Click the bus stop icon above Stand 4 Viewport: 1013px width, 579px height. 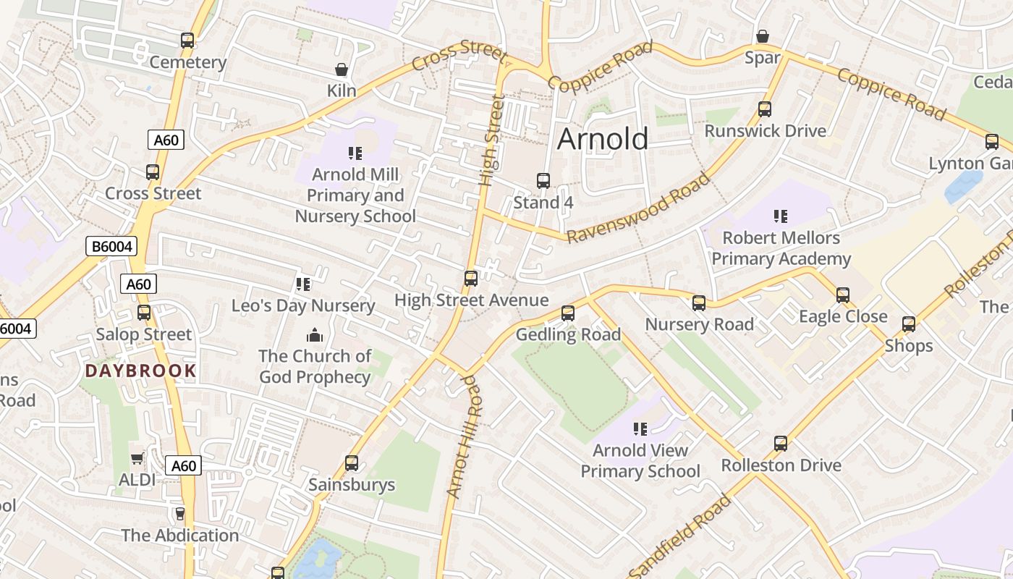tap(543, 181)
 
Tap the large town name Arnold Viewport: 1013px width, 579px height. tap(602, 138)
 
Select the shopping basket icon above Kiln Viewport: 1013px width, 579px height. tap(341, 69)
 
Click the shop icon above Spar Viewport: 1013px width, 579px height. tap(762, 36)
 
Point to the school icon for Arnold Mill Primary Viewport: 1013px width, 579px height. tap(355, 153)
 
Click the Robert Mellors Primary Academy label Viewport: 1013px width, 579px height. tap(781, 248)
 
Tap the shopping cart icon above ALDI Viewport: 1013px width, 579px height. tap(137, 458)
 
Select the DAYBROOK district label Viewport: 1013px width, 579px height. tap(140, 371)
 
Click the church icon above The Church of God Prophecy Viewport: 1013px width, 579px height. tap(314, 335)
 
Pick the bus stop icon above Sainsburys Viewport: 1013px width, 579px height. tap(352, 462)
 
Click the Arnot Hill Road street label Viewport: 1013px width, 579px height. tap(464, 436)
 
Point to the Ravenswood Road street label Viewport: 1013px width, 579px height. tap(639, 208)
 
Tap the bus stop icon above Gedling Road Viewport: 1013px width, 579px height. tap(568, 313)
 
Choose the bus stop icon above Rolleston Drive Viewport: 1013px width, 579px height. tap(780, 444)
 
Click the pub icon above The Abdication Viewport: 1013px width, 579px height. tap(179, 513)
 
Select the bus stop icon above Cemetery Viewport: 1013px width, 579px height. tap(187, 41)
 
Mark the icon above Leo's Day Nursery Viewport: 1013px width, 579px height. tap(303, 284)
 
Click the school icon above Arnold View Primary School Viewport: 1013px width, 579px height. tap(640, 429)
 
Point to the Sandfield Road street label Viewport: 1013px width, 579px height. tap(680, 536)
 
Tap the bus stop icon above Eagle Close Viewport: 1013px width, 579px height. tap(842, 295)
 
